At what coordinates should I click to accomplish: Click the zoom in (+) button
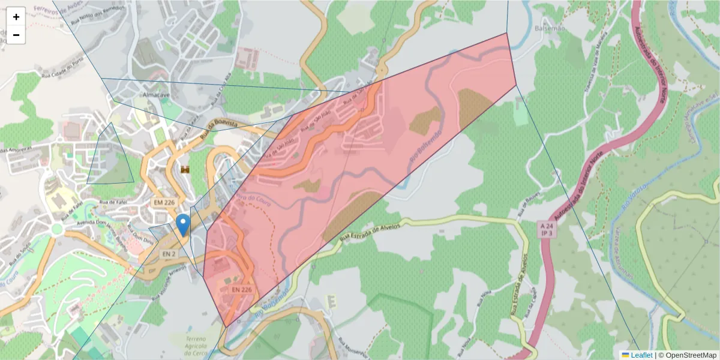coord(16,17)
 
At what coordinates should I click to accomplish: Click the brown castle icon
coord(185,170)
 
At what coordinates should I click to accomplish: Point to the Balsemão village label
coord(544,28)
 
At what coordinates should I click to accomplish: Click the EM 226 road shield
coord(164,203)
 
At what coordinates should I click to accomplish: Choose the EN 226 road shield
coord(241,289)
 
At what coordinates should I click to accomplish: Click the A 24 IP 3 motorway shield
coord(545,229)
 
